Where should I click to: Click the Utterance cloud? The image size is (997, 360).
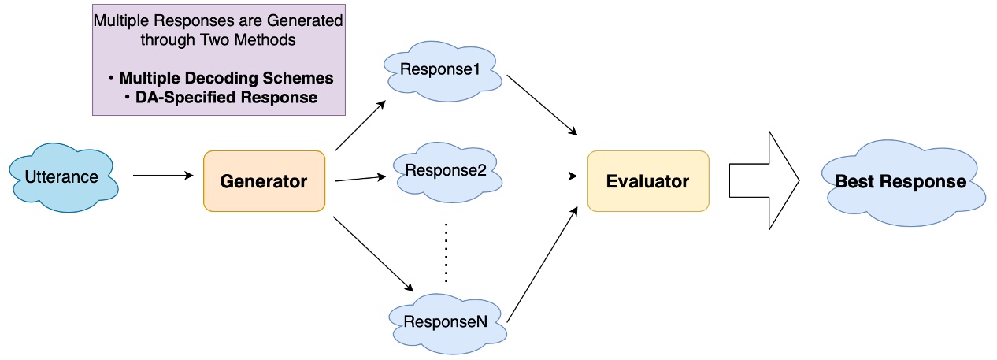click(x=63, y=177)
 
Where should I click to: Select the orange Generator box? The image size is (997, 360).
click(x=263, y=181)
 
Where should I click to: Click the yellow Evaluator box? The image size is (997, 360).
click(x=647, y=181)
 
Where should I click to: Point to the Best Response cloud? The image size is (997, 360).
click(x=900, y=182)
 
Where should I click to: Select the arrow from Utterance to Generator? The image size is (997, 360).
click(x=163, y=176)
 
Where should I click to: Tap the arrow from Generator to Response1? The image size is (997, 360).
click(x=360, y=125)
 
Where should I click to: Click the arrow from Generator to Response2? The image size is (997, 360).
click(x=362, y=179)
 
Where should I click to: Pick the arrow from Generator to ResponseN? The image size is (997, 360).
click(x=373, y=252)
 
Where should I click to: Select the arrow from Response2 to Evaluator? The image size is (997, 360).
click(x=543, y=176)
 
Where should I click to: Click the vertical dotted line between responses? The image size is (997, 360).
click(x=447, y=248)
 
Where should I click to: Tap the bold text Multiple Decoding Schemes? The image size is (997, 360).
click(x=226, y=79)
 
